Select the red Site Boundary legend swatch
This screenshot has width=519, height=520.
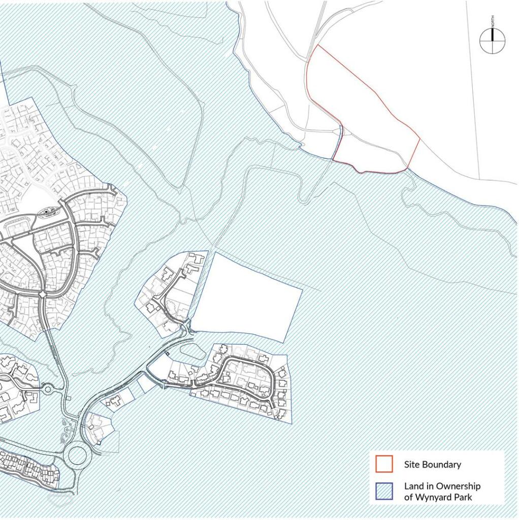(384, 464)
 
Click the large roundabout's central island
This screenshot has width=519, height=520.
(77, 454)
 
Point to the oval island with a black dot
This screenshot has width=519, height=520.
(49, 211)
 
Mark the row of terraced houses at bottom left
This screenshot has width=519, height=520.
(28, 467)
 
